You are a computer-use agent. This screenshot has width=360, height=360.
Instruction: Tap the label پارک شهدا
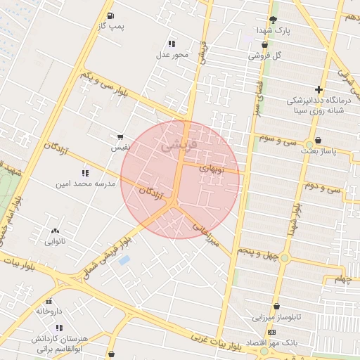(274, 31)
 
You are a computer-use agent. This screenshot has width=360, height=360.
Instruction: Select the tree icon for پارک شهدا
(273, 20)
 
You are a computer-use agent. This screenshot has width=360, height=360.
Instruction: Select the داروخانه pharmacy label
(49, 311)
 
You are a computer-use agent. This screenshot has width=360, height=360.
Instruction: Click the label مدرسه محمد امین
(84, 184)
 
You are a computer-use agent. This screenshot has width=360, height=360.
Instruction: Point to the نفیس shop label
(119, 148)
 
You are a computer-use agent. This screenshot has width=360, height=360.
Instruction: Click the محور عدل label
(173, 55)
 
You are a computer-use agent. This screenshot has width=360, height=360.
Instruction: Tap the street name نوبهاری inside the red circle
(210, 169)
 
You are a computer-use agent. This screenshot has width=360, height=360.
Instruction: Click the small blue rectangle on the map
(124, 260)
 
